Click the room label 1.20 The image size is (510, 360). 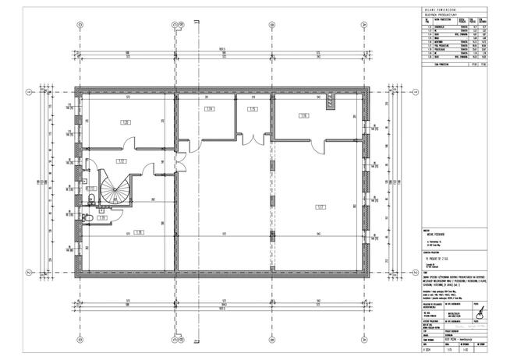[x=125, y=122]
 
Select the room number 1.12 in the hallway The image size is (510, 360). [x=121, y=161]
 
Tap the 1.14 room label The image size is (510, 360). [x=209, y=109]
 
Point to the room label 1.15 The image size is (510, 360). [x=252, y=109]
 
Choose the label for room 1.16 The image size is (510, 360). [x=303, y=115]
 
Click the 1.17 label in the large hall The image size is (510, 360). [x=320, y=206]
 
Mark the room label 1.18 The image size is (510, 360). [x=137, y=232]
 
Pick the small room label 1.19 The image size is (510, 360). [x=101, y=218]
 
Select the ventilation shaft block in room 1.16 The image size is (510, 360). [x=330, y=101]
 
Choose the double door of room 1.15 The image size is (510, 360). [x=252, y=139]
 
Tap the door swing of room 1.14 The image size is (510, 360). [x=185, y=144]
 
